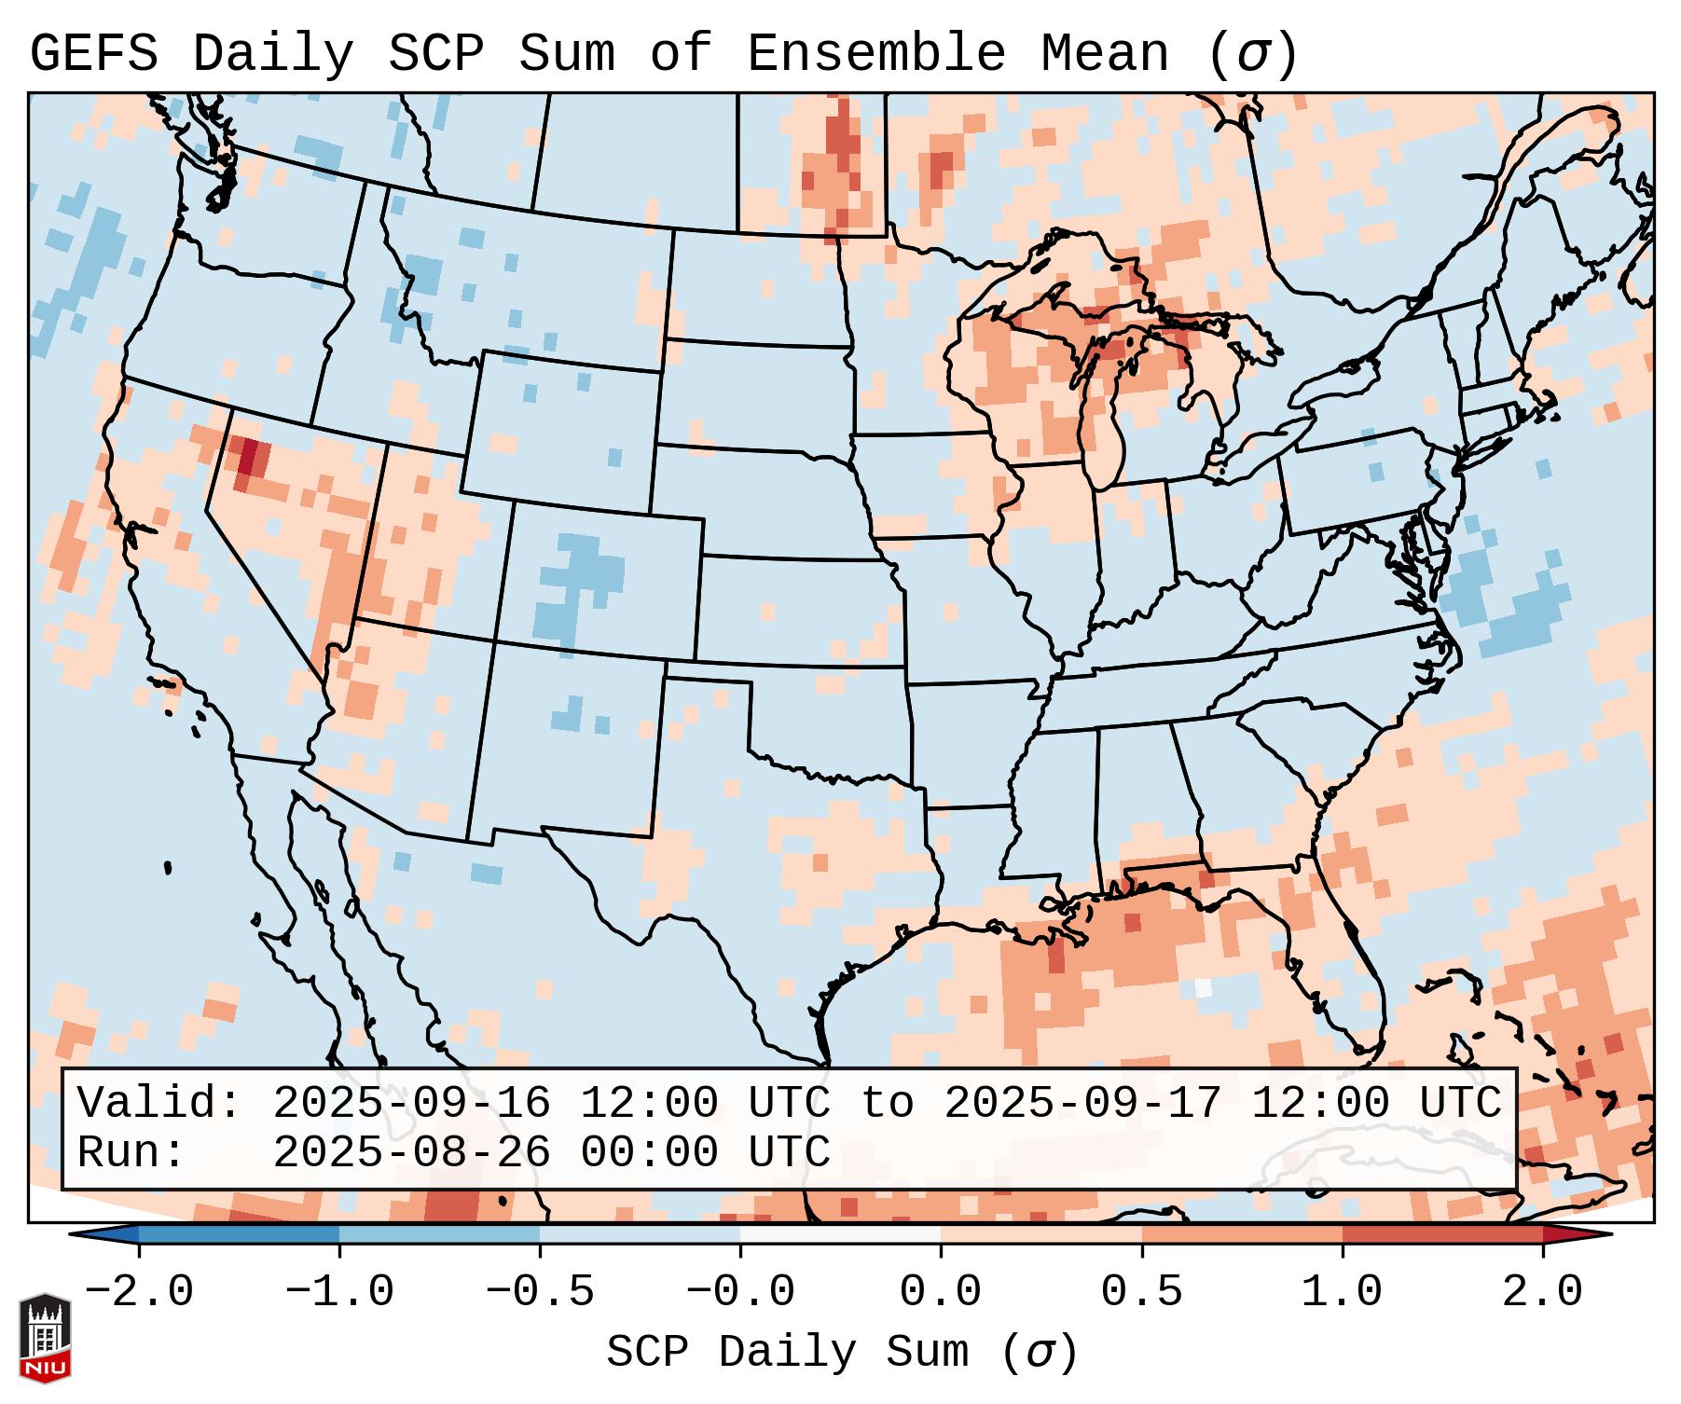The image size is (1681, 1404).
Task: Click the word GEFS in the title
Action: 93,54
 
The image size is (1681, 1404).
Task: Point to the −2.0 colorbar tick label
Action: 139,1292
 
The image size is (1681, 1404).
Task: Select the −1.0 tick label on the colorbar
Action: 339,1292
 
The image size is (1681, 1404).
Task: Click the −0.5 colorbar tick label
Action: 540,1292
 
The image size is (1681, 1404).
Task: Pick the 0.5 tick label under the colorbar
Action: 1141,1292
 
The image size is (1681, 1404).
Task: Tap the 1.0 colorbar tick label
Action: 1342,1292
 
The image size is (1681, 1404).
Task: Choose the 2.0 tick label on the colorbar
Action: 1542,1292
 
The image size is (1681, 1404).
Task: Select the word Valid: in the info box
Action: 159,1103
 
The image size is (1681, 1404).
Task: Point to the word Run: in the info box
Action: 131,1152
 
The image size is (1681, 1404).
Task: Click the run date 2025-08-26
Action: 411,1152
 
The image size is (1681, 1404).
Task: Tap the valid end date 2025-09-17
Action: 1082,1103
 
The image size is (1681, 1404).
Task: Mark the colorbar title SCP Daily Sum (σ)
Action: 842,1352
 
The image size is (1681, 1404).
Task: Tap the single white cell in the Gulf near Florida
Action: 1203,987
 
